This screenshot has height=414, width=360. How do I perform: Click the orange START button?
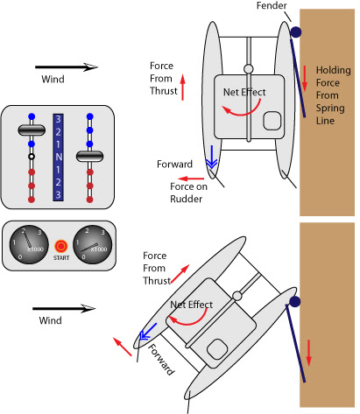click(x=61, y=246)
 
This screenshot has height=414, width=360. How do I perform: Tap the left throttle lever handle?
click(x=32, y=130)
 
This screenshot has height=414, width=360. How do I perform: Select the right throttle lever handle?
click(x=89, y=156)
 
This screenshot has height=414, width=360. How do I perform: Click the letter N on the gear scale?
click(x=59, y=157)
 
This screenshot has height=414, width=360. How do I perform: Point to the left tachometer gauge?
click(x=29, y=244)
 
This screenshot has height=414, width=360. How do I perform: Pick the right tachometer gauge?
click(x=92, y=244)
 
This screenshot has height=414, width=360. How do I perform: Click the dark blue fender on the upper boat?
click(x=296, y=32)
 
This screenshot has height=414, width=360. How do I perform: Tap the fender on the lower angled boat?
click(x=295, y=301)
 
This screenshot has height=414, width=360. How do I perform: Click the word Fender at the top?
click(x=272, y=5)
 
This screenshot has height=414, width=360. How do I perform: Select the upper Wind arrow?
click(x=67, y=67)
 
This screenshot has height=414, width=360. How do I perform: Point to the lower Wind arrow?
click(x=64, y=308)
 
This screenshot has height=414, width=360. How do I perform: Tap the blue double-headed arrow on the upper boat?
click(x=211, y=158)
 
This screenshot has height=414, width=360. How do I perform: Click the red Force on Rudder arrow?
click(x=191, y=179)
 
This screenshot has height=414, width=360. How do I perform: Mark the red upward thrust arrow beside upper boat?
click(x=183, y=88)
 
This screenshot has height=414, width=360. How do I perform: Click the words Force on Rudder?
click(x=188, y=193)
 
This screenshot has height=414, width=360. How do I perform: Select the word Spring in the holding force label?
click(x=330, y=109)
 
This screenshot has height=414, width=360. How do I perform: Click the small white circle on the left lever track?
click(x=32, y=157)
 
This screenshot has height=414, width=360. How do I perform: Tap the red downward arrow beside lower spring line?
click(x=309, y=353)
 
